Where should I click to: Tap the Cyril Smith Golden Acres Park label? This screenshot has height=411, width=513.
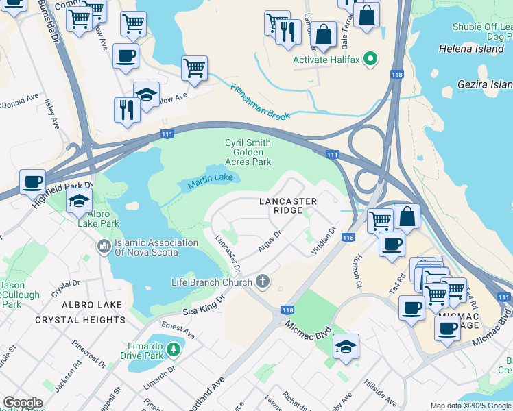(248, 152)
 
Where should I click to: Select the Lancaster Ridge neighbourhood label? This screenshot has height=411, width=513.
(288, 206)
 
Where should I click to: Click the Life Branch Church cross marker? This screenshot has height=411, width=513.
(262, 282)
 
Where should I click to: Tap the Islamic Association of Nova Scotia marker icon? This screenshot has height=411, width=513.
(105, 245)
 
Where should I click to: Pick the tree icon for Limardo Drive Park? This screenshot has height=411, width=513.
(175, 349)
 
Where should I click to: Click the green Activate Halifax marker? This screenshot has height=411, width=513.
(371, 60)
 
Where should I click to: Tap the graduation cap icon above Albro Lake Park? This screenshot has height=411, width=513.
(80, 201)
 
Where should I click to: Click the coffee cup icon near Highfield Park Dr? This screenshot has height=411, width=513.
(32, 182)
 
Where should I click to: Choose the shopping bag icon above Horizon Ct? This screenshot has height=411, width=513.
(407, 216)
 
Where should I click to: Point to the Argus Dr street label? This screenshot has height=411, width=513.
(270, 241)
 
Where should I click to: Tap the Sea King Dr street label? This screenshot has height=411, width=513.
(204, 306)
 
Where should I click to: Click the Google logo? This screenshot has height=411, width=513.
(23, 403)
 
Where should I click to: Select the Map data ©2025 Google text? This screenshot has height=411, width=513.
(469, 406)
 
